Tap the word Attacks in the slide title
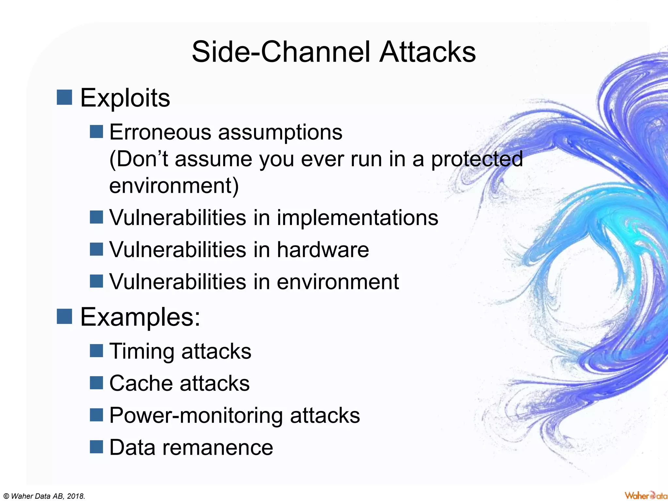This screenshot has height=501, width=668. coord(427,52)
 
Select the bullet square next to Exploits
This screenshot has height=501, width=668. coord(64,97)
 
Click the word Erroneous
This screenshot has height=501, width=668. coord(160,132)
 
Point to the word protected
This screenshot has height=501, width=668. coord(477,159)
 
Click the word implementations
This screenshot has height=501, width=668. coord(357,218)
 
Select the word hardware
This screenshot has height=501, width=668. coord(323,250)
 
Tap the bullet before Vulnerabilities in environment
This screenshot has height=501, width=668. coord(96,281)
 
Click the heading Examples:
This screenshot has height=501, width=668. coord(140,317)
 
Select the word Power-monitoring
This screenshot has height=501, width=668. coord(196,416)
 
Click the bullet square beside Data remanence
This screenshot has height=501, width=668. coord(96,447)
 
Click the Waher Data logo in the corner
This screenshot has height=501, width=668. coord(645,495)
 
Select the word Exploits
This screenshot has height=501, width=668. coord(125,98)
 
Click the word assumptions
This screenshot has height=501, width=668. coord(280,133)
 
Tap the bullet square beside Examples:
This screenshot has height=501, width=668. coord(64,316)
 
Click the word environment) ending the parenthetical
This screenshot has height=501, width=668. coord(174,186)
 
